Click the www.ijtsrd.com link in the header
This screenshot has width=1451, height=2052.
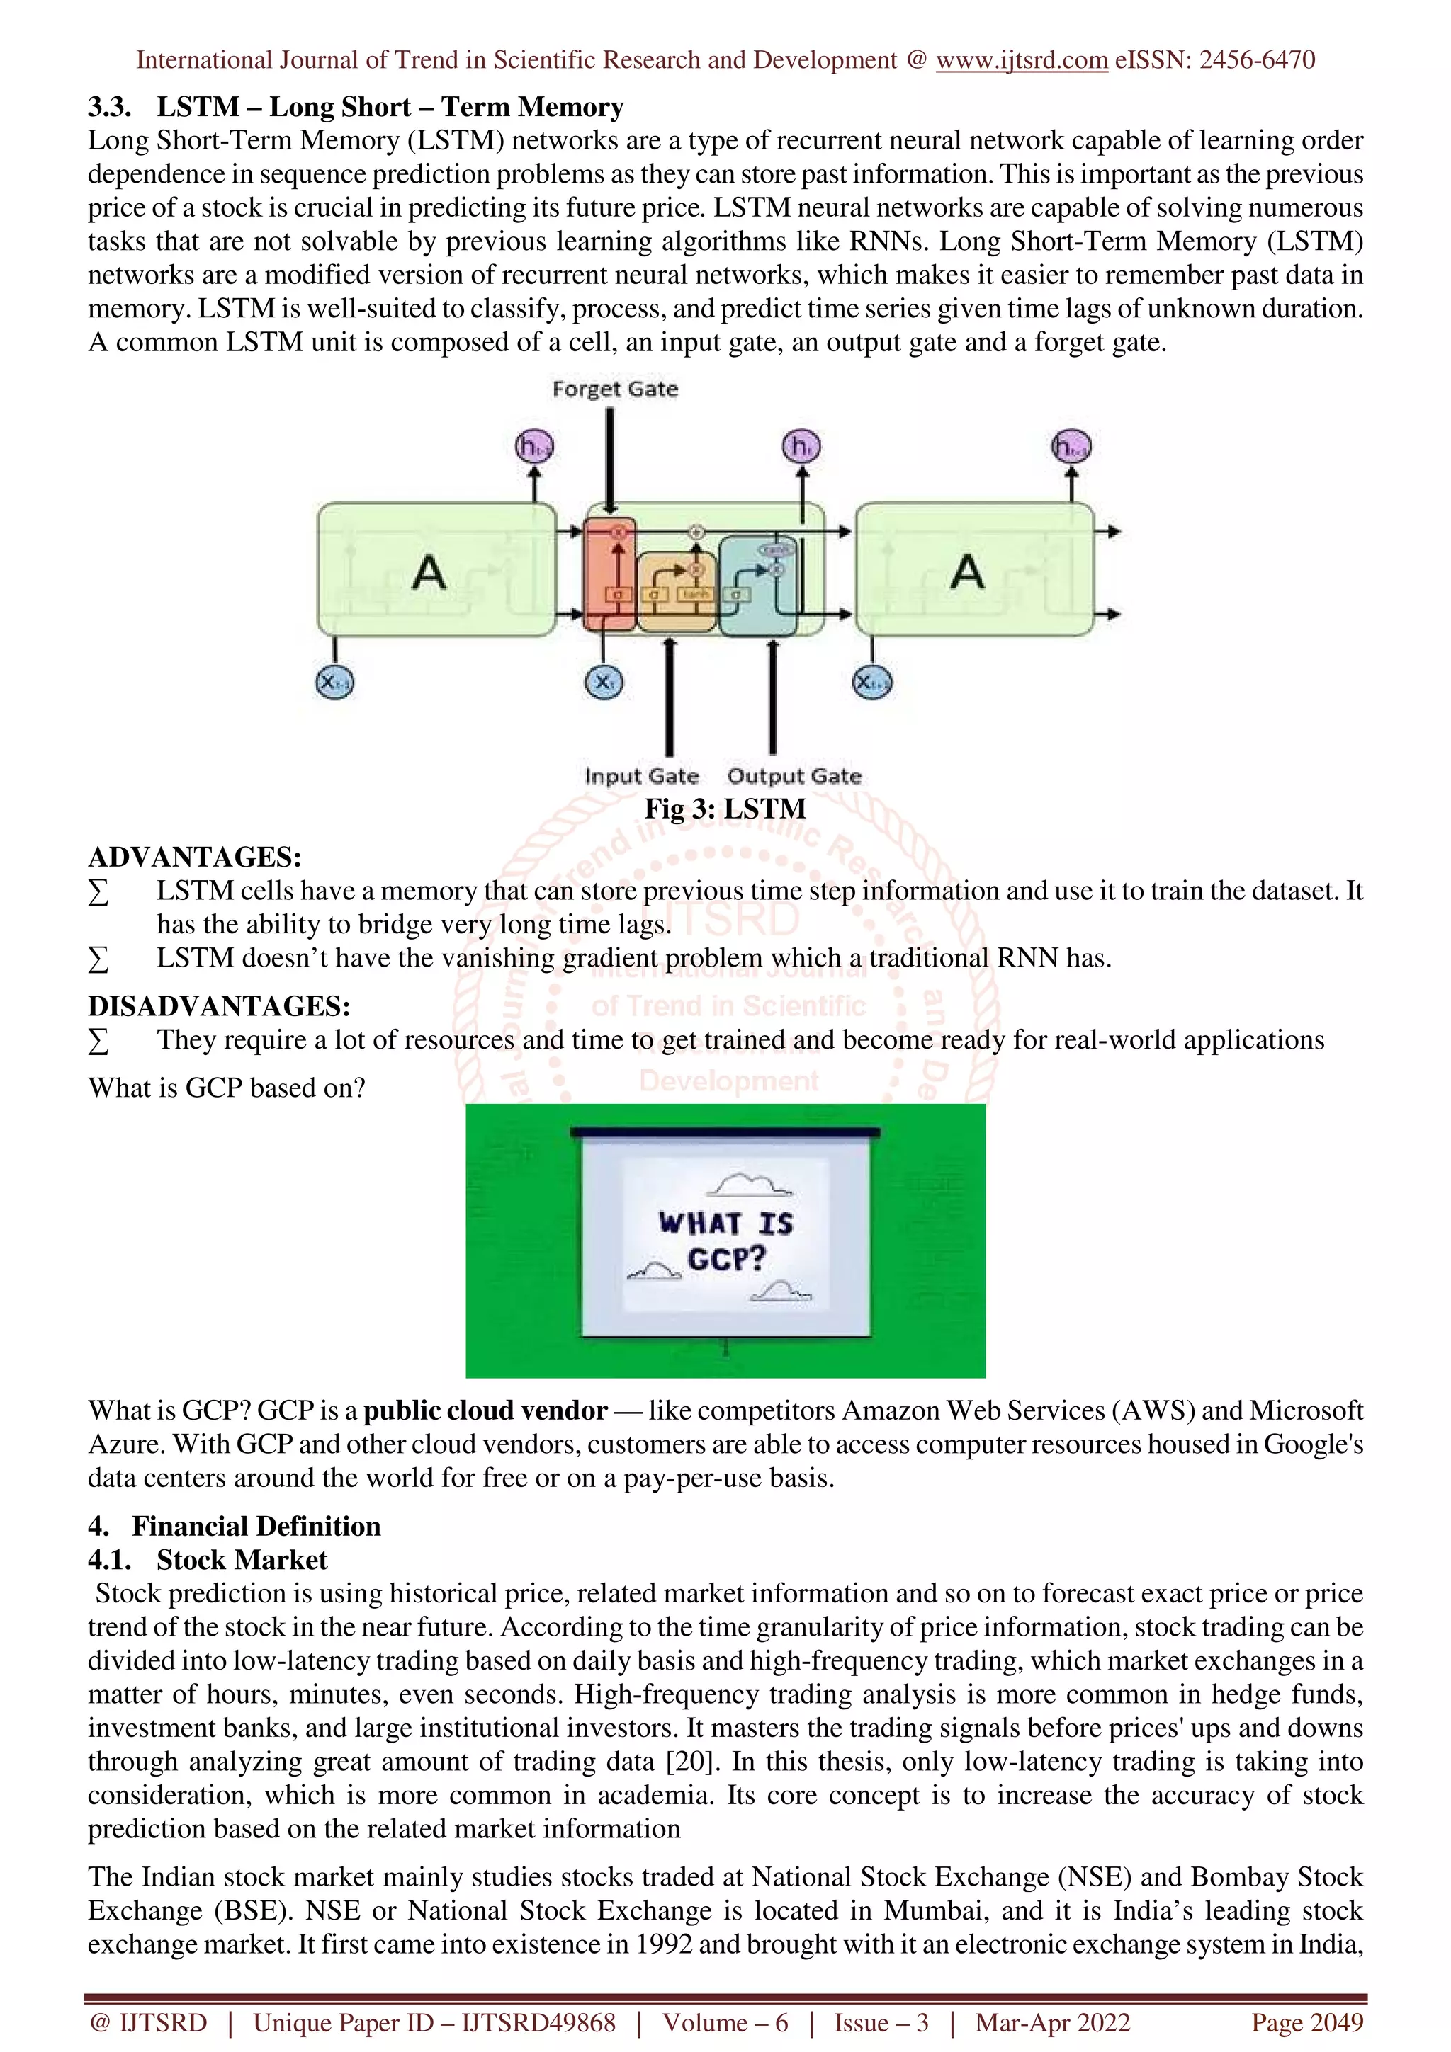[1021, 60]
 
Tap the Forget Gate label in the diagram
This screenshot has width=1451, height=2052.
[615, 389]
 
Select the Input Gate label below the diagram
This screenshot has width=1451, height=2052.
[641, 776]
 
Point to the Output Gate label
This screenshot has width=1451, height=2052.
[794, 776]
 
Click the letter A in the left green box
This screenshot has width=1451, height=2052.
[429, 572]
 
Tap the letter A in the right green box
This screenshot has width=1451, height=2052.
[967, 572]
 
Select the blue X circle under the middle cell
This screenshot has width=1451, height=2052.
[604, 683]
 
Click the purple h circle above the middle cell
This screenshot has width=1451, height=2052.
[801, 446]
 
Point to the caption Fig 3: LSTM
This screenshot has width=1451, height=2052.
[725, 809]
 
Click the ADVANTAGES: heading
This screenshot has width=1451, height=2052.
[195, 857]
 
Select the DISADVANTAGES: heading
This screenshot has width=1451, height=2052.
[219, 1006]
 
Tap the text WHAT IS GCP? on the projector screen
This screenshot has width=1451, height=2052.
[726, 1241]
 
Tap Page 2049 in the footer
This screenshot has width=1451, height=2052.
[1307, 2022]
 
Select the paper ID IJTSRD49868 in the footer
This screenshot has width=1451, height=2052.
[538, 2022]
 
